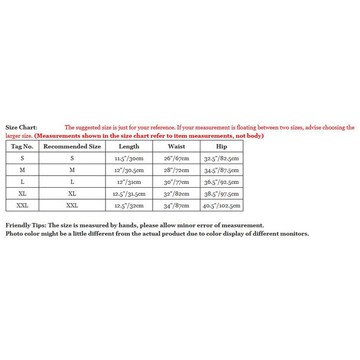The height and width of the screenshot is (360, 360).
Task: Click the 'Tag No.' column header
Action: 22,146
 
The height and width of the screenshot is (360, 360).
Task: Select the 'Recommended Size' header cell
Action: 72,146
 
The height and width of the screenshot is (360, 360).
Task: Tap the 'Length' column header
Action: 129,146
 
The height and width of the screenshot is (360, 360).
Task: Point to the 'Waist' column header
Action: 176,146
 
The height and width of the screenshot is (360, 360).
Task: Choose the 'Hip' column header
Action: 222,146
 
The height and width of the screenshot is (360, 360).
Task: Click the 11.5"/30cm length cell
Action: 129,158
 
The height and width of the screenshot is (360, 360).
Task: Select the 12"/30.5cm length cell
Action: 129,170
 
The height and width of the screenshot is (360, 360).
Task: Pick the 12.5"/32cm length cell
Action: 129,206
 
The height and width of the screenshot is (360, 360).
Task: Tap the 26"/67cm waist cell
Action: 176,158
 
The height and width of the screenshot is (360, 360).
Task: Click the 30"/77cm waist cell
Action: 176,182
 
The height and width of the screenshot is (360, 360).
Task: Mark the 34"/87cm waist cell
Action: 176,206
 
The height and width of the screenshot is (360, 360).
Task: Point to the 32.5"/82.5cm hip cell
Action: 222,158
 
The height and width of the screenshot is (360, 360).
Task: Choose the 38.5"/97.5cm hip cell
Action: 222,194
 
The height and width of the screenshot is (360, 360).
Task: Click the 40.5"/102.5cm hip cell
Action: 222,206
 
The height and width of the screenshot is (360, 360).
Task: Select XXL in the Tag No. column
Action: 22,206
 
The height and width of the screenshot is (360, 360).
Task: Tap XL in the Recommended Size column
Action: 72,194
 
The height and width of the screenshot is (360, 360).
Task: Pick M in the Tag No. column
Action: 22,170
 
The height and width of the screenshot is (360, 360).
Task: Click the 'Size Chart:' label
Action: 21,127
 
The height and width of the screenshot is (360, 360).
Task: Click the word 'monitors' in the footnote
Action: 294,233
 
